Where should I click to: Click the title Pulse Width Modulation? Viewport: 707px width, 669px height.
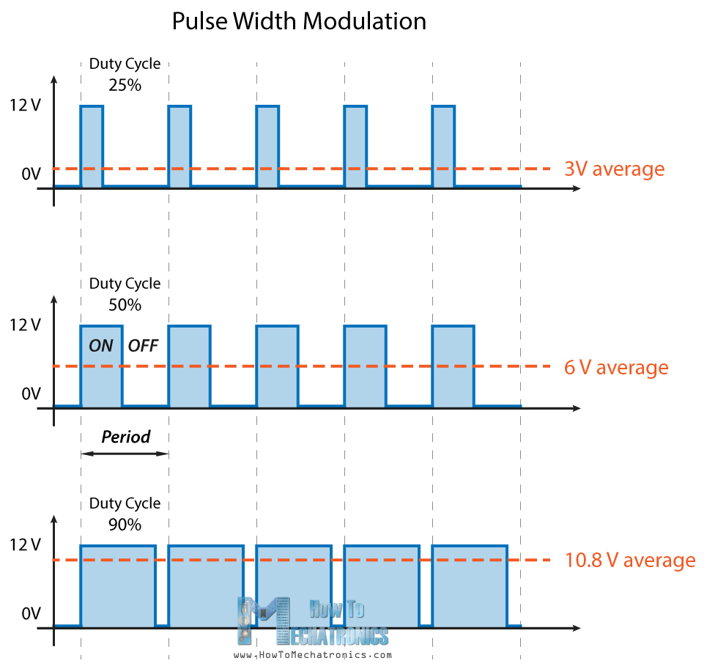(x=299, y=21)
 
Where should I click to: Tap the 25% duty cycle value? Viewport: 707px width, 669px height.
(x=125, y=84)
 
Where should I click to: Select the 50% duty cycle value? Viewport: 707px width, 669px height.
(x=125, y=304)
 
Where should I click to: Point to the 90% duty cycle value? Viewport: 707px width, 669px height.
(x=125, y=524)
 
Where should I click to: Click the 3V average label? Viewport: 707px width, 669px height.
(x=614, y=169)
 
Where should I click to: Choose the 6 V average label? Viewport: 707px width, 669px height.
(x=616, y=367)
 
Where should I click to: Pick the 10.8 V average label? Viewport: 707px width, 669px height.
(x=629, y=561)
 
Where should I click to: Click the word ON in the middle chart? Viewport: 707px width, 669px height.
(x=101, y=346)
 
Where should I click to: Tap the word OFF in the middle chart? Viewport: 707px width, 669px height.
(x=143, y=346)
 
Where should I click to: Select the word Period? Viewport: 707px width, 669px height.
(x=125, y=437)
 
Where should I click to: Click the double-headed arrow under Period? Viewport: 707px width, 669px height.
(x=125, y=454)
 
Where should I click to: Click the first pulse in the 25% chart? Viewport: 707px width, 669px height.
(x=92, y=147)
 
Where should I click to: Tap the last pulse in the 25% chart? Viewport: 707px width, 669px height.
(x=443, y=147)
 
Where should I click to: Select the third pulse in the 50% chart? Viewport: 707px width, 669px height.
(x=277, y=366)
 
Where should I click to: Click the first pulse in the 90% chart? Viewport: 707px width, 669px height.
(x=118, y=586)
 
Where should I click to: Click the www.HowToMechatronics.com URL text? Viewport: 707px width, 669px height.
(x=313, y=655)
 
